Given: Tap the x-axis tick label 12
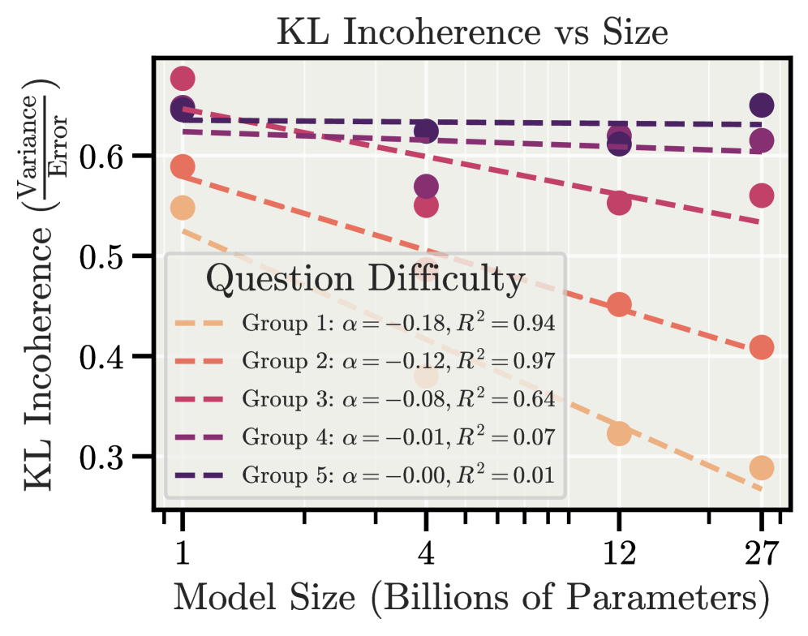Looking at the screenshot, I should point(619,554).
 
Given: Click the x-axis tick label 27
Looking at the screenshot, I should point(761,554).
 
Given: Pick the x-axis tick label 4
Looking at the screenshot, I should point(426,554).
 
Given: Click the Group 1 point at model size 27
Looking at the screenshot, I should point(762,467).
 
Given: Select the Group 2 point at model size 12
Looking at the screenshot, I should point(619,305).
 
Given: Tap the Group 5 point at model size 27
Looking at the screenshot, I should point(762,105).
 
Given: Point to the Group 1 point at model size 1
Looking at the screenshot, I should point(183,208).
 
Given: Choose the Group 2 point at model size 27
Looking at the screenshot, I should point(762,347).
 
